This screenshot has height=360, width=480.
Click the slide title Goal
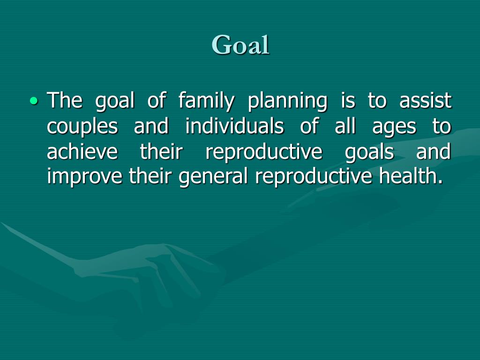tap(240, 45)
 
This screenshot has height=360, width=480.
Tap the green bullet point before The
tap(33, 100)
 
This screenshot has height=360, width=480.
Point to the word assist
tap(425, 101)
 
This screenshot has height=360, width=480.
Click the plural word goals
tap(369, 153)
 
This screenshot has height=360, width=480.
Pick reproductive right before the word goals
tap(264, 153)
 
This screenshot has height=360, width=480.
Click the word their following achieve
tap(161, 152)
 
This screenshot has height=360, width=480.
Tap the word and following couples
tap(151, 127)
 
